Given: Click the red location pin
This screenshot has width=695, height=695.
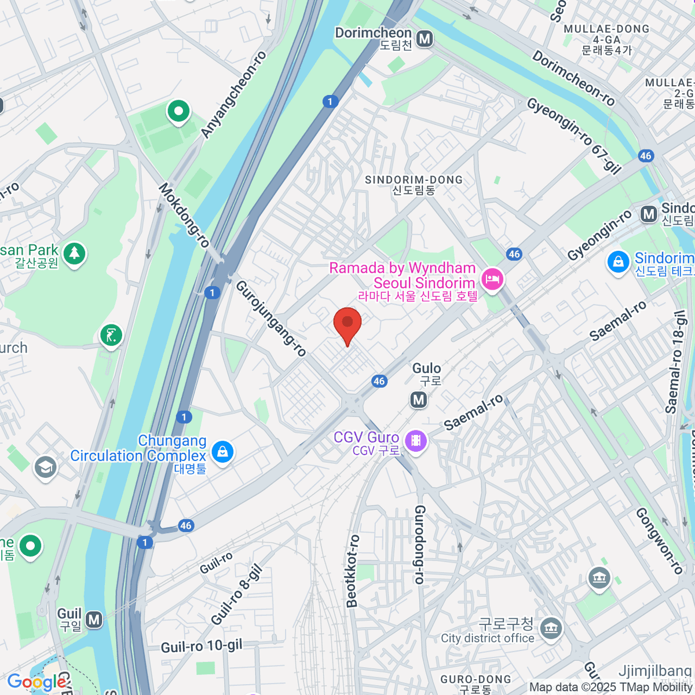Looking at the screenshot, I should tap(348, 324).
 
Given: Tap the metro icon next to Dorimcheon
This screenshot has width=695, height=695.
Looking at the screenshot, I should tap(425, 39).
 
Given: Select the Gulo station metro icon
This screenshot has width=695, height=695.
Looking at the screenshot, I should tap(419, 400).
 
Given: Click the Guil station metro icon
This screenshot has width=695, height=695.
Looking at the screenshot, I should tap(94, 620).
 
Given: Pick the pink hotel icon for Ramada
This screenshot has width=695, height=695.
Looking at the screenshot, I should tap(492, 280).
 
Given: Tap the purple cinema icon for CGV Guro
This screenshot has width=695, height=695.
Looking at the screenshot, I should tap(415, 441).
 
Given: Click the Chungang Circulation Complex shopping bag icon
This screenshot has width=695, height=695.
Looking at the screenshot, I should tap(222, 451).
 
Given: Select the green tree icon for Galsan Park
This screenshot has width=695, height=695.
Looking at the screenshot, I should tap(74, 253).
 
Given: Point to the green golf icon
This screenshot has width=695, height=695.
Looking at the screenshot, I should tap(111, 335).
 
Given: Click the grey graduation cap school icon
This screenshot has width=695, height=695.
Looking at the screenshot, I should tap(45, 467).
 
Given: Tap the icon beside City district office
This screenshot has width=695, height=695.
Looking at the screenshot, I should tap(550, 628).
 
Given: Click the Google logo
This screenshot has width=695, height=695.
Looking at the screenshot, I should tap(36, 682).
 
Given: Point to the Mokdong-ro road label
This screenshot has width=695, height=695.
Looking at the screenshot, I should tap(184, 215).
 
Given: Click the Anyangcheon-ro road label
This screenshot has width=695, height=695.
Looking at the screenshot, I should tap(233, 95).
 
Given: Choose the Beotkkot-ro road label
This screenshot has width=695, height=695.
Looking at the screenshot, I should tap(352, 570).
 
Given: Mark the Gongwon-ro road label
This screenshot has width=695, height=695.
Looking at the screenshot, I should tap(659, 541).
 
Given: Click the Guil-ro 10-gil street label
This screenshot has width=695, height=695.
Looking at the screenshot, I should tap(202, 646).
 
